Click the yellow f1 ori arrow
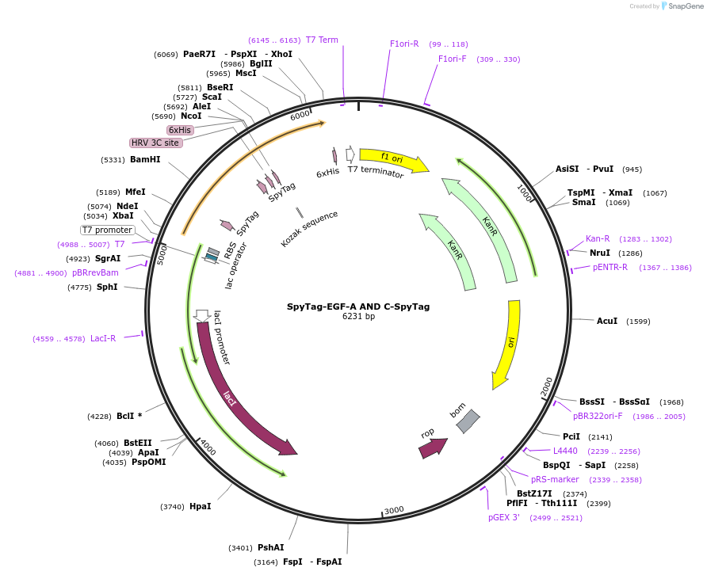pos(393,160)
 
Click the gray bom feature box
pos(468,421)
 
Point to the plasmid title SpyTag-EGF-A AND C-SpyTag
pos(358,307)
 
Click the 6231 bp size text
pos(358,316)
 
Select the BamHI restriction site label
pos(145,159)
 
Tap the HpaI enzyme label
pos(201,507)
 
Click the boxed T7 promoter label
pos(108,230)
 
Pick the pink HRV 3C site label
pos(155,143)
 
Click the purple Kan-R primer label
pos(598,239)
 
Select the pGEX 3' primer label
pos(504,517)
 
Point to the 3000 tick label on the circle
pos(394,510)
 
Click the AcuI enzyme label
pos(607,321)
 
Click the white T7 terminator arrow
pos(350,154)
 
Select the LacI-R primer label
pos(103,338)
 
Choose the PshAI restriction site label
pos(270,547)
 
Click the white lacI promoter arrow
pos(201,315)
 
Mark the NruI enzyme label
pos(600,253)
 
